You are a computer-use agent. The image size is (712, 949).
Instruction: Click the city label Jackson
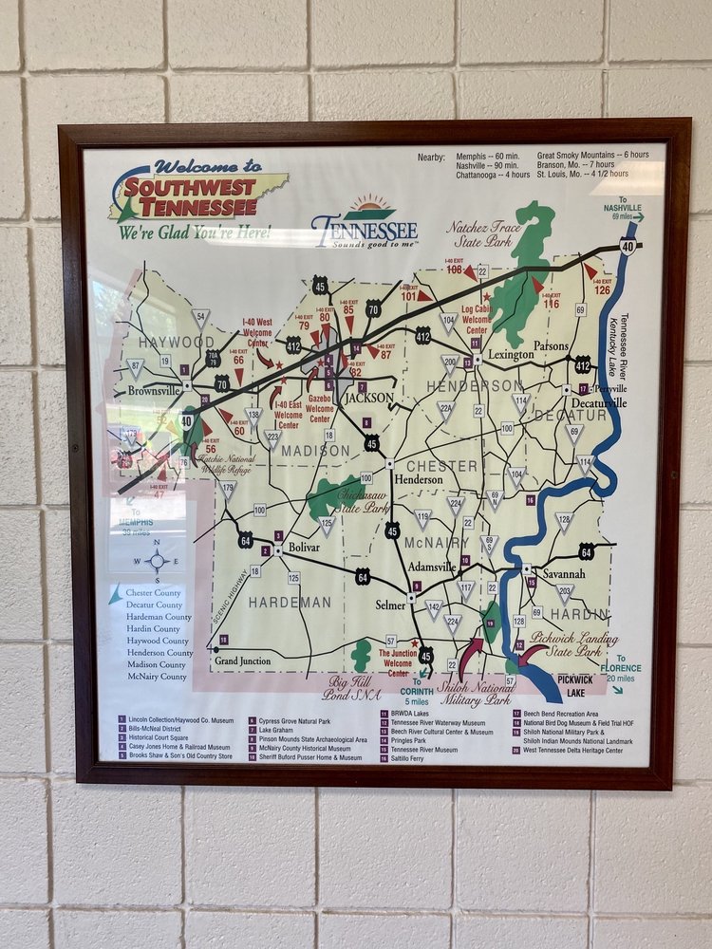[367, 399]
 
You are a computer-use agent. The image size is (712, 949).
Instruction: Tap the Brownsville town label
[153, 390]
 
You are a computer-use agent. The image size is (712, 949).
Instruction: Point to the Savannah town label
[563, 575]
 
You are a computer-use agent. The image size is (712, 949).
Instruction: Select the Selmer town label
[390, 605]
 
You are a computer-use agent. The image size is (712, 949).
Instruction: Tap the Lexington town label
[512, 354]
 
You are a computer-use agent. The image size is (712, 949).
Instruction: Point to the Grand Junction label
[242, 661]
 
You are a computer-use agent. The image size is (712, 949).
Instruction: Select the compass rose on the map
[158, 560]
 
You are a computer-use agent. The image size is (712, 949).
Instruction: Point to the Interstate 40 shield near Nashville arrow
[628, 246]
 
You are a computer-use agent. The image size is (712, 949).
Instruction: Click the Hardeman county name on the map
[290, 602]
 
